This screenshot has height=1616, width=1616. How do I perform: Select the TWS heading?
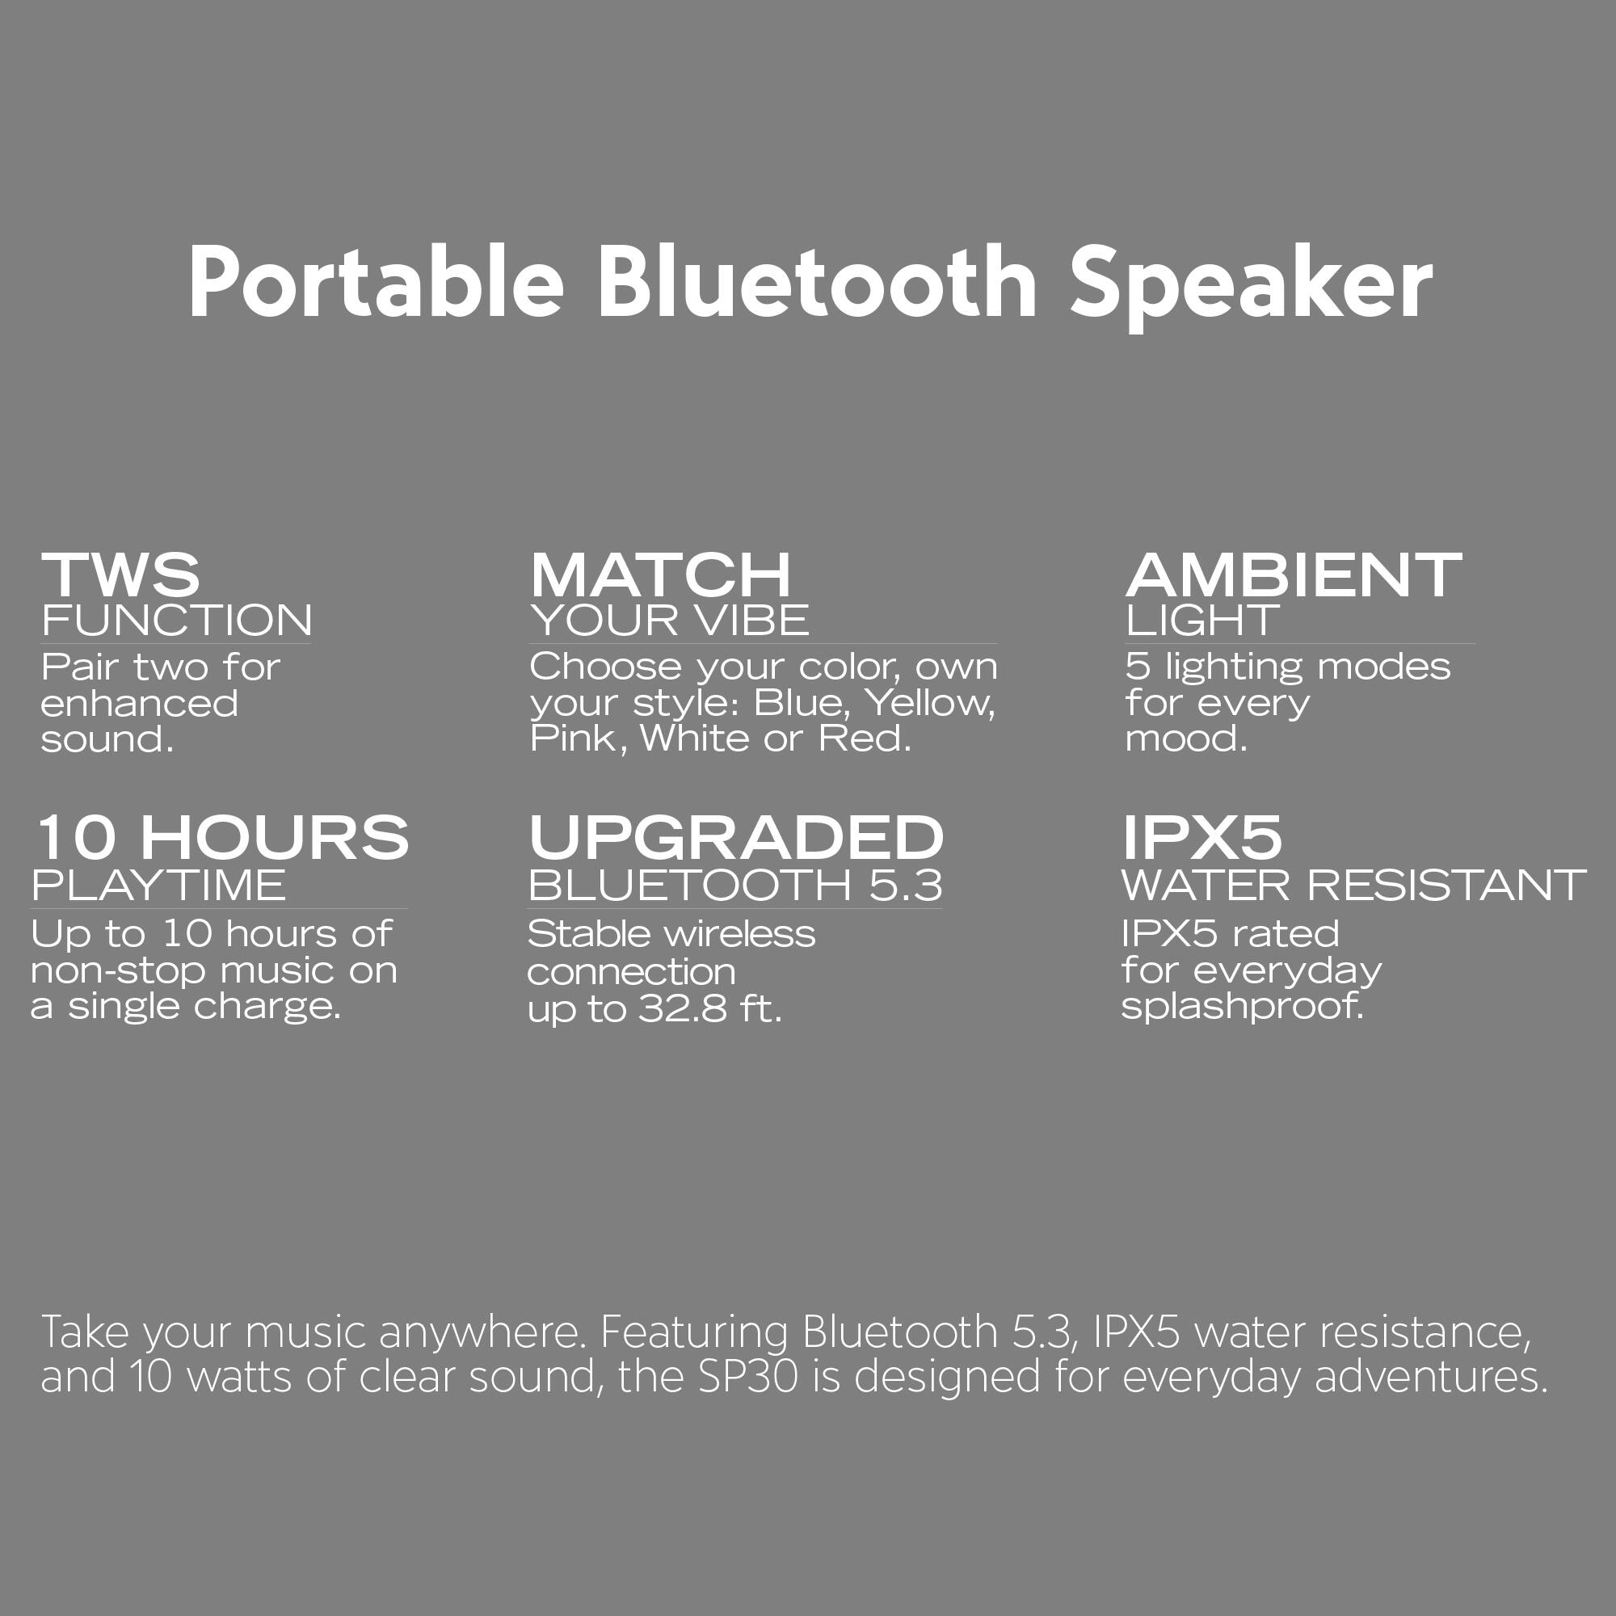pos(120,575)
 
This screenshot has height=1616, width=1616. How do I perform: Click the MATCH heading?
pos(660,575)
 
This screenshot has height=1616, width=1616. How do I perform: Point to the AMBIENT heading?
pos(1293,575)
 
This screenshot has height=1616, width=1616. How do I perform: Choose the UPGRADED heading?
pos(736,837)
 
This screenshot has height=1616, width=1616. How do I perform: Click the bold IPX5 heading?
pos(1201,837)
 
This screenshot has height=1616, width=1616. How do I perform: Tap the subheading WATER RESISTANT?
pos(1353,885)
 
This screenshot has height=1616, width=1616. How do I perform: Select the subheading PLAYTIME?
pos(159,885)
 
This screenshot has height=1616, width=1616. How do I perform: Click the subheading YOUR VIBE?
pos(669,621)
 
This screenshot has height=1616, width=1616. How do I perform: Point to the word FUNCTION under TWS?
pos(176,621)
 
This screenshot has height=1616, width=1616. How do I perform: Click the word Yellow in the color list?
pos(928,703)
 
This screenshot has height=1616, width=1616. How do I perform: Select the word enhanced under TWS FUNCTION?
pos(139,704)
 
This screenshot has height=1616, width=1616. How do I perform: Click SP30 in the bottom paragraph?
pos(747,1376)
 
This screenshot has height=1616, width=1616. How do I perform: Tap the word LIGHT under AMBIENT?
pos(1201,621)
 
